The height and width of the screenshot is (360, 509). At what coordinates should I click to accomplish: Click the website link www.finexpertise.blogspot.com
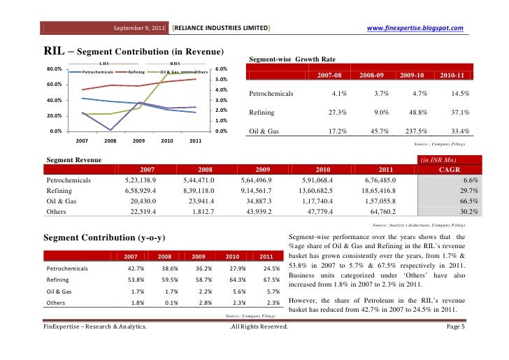pyautogui.click(x=416, y=28)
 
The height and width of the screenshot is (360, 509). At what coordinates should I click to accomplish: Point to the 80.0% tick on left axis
pyautogui.click(x=54, y=69)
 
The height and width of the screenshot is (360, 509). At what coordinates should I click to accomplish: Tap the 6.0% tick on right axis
pyautogui.click(x=220, y=69)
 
